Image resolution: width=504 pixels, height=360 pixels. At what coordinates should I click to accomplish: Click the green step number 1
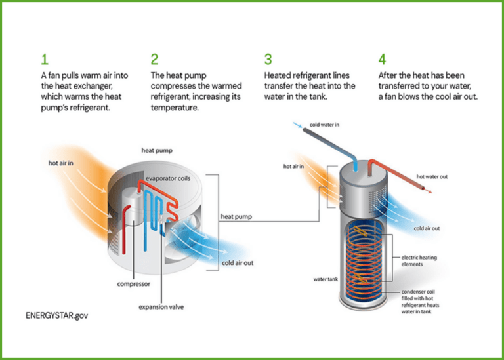pyautogui.click(x=44, y=60)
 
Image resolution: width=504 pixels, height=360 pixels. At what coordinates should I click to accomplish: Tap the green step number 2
pyautogui.click(x=154, y=60)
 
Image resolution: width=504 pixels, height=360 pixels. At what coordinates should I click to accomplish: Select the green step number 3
pyautogui.click(x=268, y=60)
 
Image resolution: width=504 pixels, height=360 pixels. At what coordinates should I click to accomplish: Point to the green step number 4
pyautogui.click(x=382, y=60)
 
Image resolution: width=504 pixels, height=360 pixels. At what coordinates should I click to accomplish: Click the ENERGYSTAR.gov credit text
pyautogui.click(x=56, y=315)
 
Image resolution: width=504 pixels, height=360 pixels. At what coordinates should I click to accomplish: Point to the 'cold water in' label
pyautogui.click(x=325, y=125)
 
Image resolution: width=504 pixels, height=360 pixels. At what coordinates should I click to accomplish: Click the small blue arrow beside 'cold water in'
pyautogui.click(x=298, y=125)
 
